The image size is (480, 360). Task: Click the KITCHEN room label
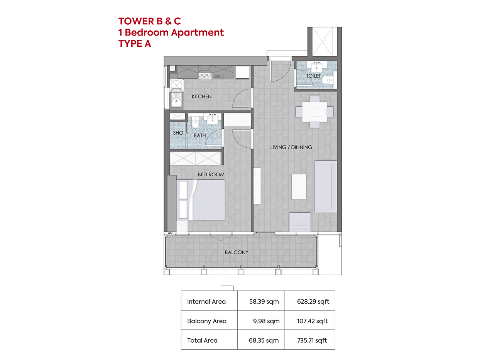tap(201, 96)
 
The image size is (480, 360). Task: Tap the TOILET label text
tap(313, 76)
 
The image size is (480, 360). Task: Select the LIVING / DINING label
tap(291, 147)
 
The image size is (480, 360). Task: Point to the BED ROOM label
tap(211, 174)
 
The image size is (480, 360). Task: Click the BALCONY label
tap(237, 252)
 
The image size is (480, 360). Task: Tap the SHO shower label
tap(178, 133)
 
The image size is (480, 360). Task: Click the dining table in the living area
tap(314, 112)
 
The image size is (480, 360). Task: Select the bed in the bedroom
tap(201, 200)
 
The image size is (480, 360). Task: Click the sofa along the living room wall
tap(326, 187)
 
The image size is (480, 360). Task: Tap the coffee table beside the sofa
tap(299, 187)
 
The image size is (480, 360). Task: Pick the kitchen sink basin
tap(176, 101)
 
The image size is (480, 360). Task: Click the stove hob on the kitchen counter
tap(205, 75)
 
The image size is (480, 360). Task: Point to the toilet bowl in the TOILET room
tap(327, 80)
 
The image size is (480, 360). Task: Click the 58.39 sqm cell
tap(264, 301)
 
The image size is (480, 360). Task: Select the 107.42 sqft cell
tap(312, 321)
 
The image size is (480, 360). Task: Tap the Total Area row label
tap(202, 340)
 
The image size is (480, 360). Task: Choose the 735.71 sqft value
tap(312, 340)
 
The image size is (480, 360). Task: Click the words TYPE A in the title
tap(135, 44)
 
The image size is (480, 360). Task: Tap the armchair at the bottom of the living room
tap(299, 221)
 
